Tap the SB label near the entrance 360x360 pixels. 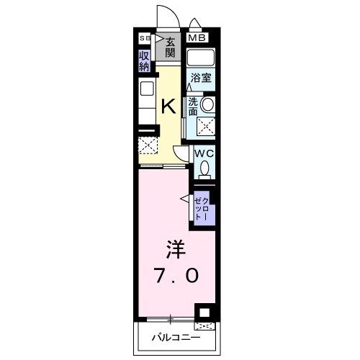(144, 39)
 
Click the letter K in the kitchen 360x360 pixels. (168, 107)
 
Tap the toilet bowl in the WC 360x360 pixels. (205, 169)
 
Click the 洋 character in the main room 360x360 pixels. (175, 250)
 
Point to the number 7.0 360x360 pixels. (175, 275)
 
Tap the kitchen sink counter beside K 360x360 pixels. (147, 101)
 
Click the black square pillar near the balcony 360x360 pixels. (205, 313)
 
